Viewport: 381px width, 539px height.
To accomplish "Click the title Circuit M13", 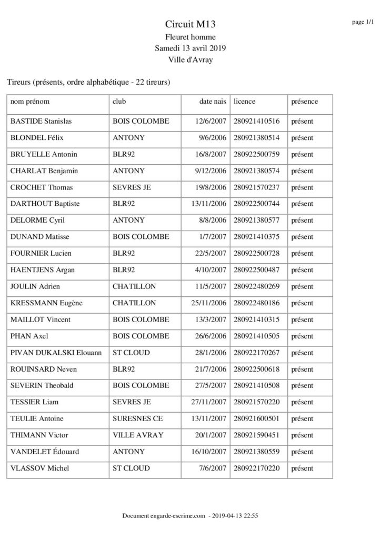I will pos(190,24).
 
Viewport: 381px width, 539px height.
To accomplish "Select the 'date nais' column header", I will pos(212,101).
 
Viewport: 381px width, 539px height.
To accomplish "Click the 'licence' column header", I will pos(244,101).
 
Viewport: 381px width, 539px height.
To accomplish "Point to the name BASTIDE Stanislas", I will pos(41,121).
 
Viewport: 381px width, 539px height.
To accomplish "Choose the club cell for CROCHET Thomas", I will pos(132,187).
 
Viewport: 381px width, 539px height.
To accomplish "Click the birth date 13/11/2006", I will pos(209,204).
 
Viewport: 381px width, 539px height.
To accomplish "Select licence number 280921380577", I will pos(256,220).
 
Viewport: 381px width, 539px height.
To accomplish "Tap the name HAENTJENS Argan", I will pos(43,270).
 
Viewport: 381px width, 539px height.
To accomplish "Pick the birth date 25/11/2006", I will pos(209,303).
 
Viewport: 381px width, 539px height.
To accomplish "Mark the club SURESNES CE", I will pos(138,418).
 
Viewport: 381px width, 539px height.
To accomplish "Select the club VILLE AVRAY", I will pos(138,435).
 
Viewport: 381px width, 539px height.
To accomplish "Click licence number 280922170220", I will pos(256,468).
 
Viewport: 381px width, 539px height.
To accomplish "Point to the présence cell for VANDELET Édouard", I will pos(302,452).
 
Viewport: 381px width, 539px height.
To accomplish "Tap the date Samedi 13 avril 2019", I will pos(190,48).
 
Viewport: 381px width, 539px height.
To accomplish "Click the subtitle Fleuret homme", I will pos(190,36).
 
